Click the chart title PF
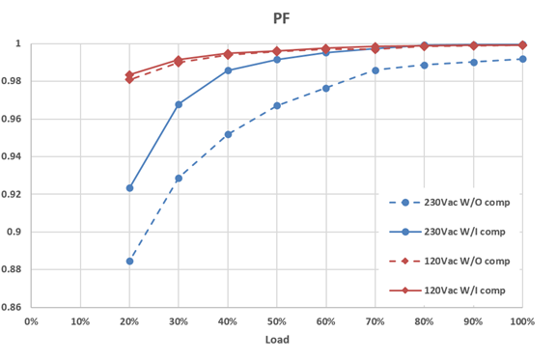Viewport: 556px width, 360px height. point(278,16)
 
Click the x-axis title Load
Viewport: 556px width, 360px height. point(277,340)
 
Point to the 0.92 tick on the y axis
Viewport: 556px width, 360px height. point(15,194)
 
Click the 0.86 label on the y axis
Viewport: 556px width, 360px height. point(15,307)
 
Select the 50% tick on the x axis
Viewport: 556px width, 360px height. point(277,320)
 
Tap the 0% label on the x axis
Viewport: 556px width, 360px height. point(31,320)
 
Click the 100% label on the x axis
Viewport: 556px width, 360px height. point(522,320)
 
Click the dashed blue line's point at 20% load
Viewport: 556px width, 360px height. point(129,262)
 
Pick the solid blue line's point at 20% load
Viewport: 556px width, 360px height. point(129,188)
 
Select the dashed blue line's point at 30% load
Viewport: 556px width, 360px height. point(179,179)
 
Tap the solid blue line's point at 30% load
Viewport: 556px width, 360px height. point(179,104)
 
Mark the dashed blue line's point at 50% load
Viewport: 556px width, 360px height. point(277,105)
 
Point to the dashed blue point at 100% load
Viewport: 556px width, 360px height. point(522,59)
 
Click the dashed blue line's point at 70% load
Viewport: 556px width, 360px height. point(375,70)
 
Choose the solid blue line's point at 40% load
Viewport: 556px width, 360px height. point(228,70)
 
